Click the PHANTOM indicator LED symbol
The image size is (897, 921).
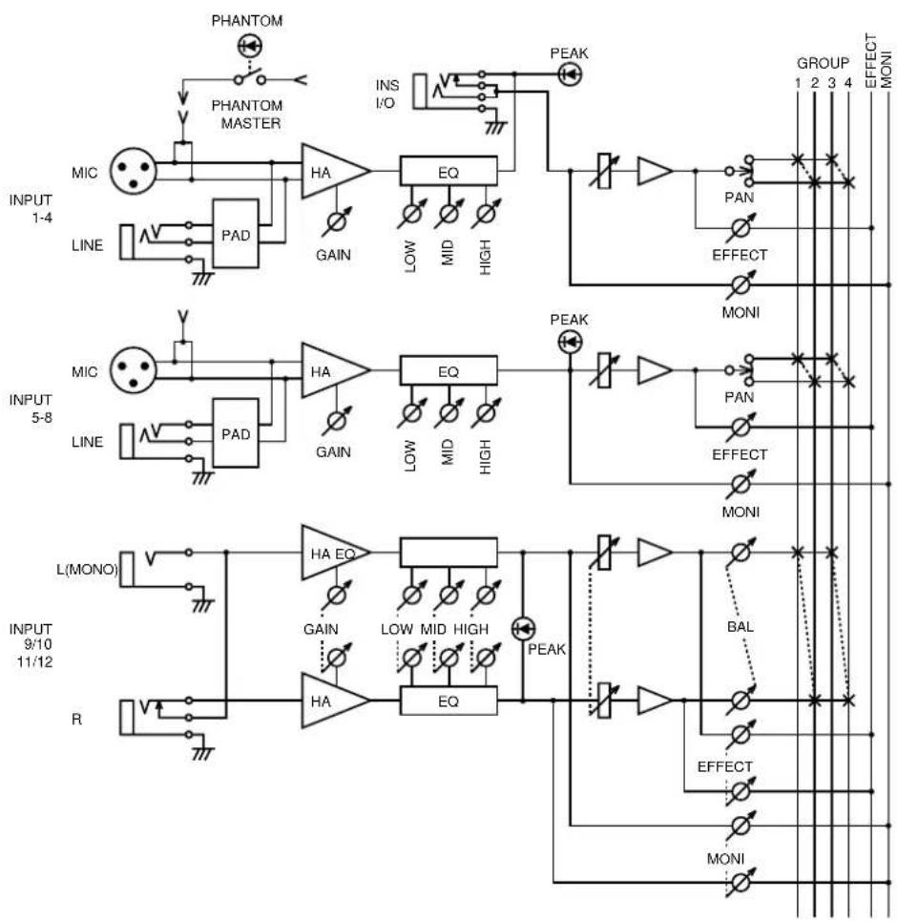[x=250, y=46]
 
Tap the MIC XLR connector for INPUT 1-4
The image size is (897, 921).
[x=134, y=171]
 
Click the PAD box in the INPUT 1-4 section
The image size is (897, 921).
[x=236, y=234]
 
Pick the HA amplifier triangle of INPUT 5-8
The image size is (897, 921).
[x=335, y=370]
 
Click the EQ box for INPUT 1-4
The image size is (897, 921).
[x=448, y=172]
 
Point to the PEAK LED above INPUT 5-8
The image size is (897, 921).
[x=570, y=342]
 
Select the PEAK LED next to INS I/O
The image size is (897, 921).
[x=570, y=74]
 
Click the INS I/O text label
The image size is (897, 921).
[x=386, y=94]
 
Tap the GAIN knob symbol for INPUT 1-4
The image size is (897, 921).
[x=337, y=221]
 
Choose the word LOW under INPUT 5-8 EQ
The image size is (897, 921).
[x=410, y=455]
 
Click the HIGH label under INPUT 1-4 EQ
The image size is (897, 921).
[x=485, y=258]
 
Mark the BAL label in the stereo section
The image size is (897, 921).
[x=741, y=627]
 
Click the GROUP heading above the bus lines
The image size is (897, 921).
[x=823, y=63]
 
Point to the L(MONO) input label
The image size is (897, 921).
[x=87, y=569]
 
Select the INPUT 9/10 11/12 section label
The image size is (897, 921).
[x=32, y=645]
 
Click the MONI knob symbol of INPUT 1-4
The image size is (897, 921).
[x=741, y=285]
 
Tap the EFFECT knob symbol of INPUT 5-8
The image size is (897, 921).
[x=741, y=427]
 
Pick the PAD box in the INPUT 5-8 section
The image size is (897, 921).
[x=236, y=433]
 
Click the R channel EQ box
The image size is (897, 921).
[x=448, y=701]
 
